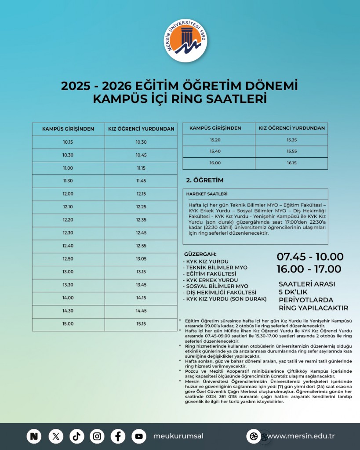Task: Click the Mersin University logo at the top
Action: [x=186, y=42]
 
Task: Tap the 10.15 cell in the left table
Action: [x=68, y=142]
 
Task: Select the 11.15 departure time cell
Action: [x=141, y=168]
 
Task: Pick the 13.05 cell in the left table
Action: [x=141, y=259]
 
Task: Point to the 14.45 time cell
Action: [x=141, y=311]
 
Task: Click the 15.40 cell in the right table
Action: [x=215, y=151]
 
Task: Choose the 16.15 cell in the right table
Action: [x=291, y=163]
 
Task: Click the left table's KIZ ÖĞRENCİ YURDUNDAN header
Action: [x=141, y=129]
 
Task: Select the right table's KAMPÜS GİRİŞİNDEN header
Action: [x=215, y=128]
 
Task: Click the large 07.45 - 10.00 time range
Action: [x=310, y=257]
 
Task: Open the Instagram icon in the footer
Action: [x=97, y=436]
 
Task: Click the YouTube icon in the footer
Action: [x=139, y=436]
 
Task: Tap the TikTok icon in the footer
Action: [x=76, y=436]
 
